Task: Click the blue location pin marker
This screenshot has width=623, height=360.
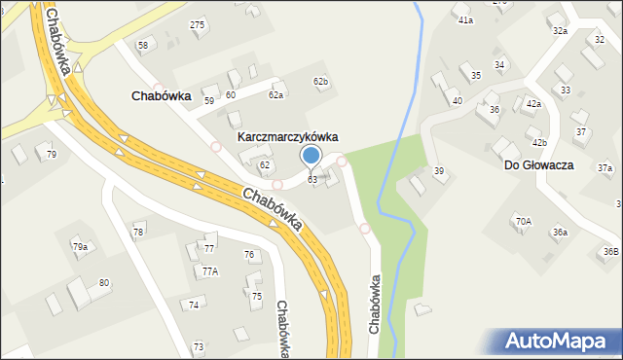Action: (311, 156)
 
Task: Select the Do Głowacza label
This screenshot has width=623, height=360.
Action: (538, 165)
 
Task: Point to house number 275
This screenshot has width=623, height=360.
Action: (198, 24)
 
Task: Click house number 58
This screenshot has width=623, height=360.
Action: (143, 46)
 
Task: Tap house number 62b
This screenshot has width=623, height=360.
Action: (320, 81)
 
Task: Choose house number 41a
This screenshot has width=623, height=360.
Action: (465, 20)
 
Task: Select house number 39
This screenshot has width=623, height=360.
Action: (439, 171)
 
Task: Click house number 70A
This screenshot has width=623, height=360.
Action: (524, 222)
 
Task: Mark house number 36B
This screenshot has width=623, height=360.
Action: (610, 252)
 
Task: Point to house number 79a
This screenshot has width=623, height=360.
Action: (80, 247)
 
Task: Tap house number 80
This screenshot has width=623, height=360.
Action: (104, 283)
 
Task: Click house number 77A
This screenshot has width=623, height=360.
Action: (210, 271)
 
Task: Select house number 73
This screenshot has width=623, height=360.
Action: (199, 346)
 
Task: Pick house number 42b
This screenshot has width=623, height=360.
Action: (539, 143)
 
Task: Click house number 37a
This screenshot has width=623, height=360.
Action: (605, 168)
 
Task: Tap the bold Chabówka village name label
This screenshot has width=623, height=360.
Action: (161, 96)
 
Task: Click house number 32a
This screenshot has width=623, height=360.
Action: (560, 31)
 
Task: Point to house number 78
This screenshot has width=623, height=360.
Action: (138, 232)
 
